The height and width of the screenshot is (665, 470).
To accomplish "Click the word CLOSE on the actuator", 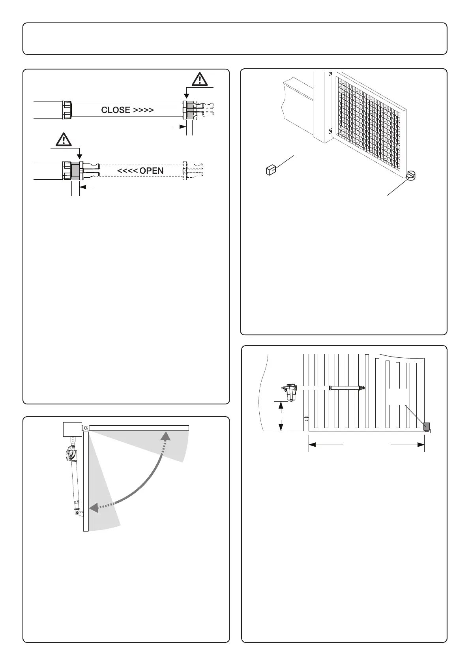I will coord(116,110).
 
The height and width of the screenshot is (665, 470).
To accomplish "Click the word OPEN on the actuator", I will coord(152,171).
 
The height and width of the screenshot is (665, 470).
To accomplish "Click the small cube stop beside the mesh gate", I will coord(270,170).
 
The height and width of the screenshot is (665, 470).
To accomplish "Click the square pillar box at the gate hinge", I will coord(72,429).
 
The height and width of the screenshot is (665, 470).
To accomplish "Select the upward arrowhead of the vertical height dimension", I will coord(281,405).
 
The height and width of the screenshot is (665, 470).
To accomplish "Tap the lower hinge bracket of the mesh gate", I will coord(330,131).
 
